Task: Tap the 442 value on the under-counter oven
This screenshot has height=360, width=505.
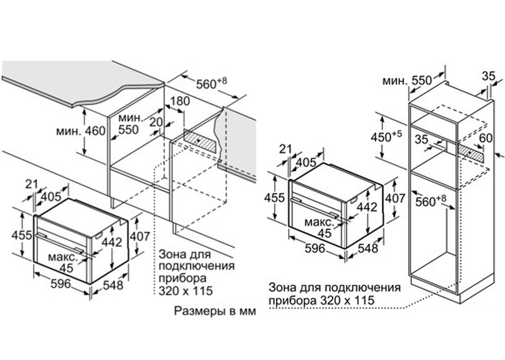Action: pos(112,242)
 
